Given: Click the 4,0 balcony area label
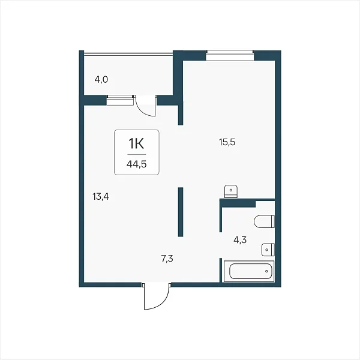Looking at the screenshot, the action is [x=101, y=80].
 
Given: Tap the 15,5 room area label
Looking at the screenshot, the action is [x=227, y=142].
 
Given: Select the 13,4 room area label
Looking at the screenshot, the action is [x=101, y=197].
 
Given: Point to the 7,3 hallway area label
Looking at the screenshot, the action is [x=167, y=259].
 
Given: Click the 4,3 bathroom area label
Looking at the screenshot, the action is [x=240, y=240].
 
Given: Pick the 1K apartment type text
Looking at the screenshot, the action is [x=136, y=144].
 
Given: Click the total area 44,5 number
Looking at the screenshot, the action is [x=137, y=164].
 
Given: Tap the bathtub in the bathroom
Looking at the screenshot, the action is [x=249, y=271].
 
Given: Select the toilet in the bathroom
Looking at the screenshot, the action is [x=264, y=221].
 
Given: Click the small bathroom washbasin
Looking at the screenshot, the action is [x=268, y=250].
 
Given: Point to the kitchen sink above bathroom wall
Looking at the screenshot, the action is [x=231, y=191].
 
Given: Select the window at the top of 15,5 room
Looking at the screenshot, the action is [x=230, y=55].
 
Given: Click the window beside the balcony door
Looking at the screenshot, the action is [x=120, y=100].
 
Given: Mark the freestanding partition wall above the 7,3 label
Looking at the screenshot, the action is [x=181, y=212].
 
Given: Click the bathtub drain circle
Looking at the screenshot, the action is [x=266, y=271].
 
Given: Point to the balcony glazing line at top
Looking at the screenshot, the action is [x=128, y=54].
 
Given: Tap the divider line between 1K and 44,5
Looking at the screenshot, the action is [x=137, y=154].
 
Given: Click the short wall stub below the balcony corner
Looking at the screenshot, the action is [x=181, y=115].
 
